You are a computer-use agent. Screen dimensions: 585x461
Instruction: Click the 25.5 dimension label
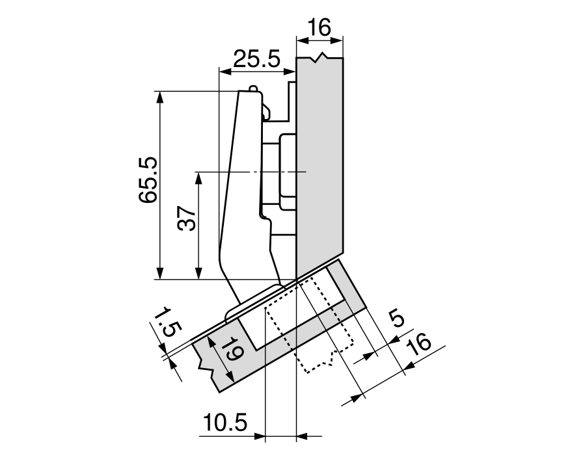coord(256,59)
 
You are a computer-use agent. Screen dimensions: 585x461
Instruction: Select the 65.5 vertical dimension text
coord(148,180)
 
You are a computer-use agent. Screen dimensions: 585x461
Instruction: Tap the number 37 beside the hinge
coord(187,218)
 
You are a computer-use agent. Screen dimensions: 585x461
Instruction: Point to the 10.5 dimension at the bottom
coord(225,423)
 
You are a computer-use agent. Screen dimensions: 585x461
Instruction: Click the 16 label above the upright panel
coord(320,27)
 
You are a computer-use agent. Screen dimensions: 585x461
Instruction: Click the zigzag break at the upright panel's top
coord(320,58)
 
